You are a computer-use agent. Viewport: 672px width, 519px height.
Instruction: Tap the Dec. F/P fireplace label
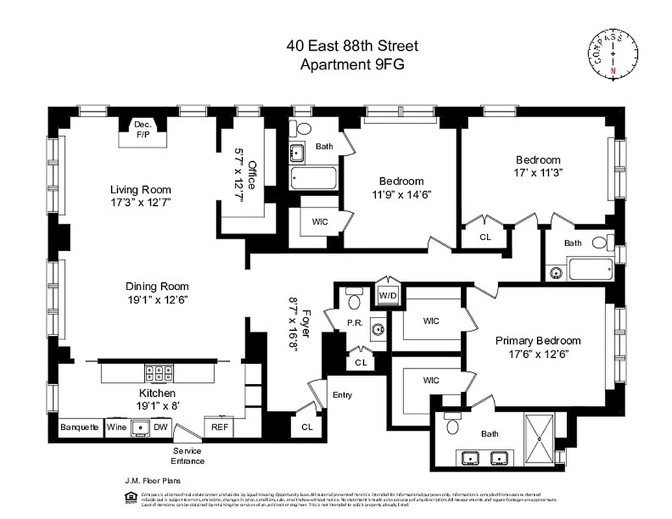click(142, 130)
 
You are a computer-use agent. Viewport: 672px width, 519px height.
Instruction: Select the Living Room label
click(140, 190)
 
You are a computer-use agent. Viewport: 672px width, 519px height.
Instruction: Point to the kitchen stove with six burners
click(159, 373)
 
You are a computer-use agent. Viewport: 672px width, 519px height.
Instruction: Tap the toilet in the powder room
click(353, 300)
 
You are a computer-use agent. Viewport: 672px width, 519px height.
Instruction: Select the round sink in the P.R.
click(378, 329)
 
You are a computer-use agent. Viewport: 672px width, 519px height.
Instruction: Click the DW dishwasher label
click(160, 428)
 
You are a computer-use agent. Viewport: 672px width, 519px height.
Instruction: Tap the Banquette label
click(79, 428)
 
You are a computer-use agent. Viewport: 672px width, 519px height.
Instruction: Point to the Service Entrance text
click(188, 456)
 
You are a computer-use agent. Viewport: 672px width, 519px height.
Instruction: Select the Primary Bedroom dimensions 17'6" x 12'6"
click(538, 354)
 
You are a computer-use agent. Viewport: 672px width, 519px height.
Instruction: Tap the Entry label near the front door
click(342, 395)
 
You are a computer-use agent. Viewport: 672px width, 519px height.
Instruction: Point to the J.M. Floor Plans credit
click(153, 481)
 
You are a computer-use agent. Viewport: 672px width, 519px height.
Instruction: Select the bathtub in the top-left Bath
click(314, 178)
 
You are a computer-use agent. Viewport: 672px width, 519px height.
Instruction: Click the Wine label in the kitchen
click(116, 428)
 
